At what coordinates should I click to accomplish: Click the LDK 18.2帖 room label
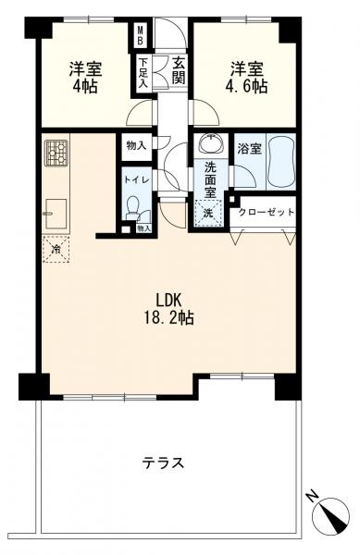click(x=168, y=309)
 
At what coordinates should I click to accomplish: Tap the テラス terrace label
click(x=164, y=462)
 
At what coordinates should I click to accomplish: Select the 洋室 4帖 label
click(x=85, y=78)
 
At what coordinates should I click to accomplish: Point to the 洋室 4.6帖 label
click(x=246, y=78)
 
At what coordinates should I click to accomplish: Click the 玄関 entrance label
click(x=179, y=71)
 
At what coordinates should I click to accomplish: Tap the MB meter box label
click(x=141, y=35)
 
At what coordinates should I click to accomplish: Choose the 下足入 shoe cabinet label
click(x=143, y=72)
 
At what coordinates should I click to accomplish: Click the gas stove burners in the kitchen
click(x=56, y=153)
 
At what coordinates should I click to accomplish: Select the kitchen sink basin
click(x=56, y=215)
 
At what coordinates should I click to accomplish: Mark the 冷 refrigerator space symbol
click(x=56, y=250)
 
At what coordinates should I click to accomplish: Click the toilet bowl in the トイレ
click(x=132, y=208)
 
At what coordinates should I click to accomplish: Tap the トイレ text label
click(x=136, y=179)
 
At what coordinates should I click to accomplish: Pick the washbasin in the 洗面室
click(x=211, y=143)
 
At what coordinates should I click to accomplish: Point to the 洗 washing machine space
click(x=208, y=213)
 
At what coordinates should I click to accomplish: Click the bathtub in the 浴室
click(x=280, y=162)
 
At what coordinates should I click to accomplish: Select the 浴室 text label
click(x=249, y=149)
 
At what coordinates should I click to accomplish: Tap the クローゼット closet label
click(x=267, y=212)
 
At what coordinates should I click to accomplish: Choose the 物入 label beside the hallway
click(x=136, y=145)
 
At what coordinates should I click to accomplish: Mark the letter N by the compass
click(x=312, y=497)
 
